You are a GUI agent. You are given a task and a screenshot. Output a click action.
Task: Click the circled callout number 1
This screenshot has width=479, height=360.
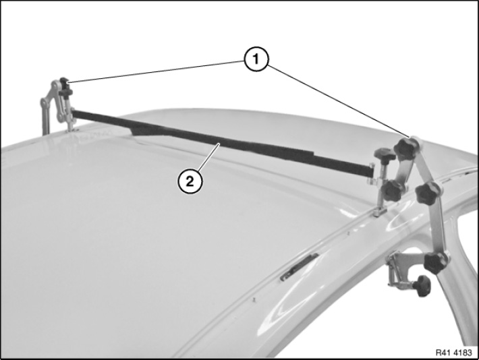pos(256,59)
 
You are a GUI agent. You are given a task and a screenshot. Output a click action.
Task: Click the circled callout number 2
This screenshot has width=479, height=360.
pos(190,181)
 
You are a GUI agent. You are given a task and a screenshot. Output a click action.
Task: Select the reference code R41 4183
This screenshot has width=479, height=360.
pos(453,353)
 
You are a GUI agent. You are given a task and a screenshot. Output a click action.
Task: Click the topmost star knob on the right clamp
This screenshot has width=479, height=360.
pos(405,148)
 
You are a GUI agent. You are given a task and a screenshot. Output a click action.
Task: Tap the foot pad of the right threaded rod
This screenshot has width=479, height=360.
pos(380,211)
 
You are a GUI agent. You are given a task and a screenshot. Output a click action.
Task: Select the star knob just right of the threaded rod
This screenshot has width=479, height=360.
pos(393,190)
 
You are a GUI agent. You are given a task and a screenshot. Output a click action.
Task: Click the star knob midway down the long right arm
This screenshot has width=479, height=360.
pos(428,193)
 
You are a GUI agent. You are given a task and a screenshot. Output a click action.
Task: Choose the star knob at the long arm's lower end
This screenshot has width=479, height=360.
pos(436,263)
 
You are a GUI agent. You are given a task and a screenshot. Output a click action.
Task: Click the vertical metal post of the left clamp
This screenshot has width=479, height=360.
pos(45,117)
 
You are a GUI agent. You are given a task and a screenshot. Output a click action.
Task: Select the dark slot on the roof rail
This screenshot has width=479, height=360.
pos(300,266)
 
